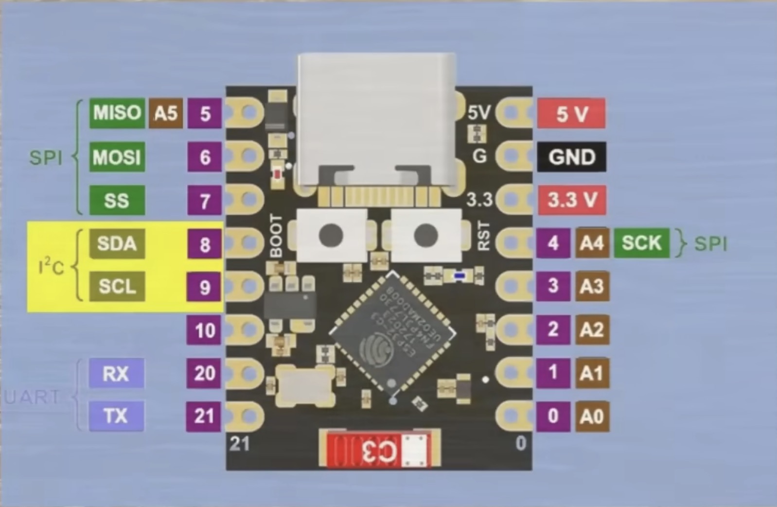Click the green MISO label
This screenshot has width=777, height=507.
tap(117, 113)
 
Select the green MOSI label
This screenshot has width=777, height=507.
tap(117, 157)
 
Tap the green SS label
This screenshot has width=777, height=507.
tap(117, 200)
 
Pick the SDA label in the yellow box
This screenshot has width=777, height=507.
tap(117, 243)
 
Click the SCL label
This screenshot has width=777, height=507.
tap(117, 287)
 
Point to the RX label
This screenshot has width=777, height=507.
tap(116, 374)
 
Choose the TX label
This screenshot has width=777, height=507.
tap(116, 416)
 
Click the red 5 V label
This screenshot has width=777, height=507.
tap(571, 114)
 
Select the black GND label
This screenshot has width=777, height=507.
tap(572, 157)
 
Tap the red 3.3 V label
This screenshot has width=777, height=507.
tap(572, 200)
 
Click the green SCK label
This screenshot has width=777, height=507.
tap(641, 243)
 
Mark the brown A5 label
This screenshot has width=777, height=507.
tap(166, 113)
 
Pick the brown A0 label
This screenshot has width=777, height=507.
tap(592, 416)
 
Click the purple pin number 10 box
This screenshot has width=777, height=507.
tap(205, 330)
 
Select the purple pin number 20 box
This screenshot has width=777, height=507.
tap(205, 373)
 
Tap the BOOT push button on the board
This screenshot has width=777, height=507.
tap(331, 235)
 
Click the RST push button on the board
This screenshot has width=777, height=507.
tap(426, 235)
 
